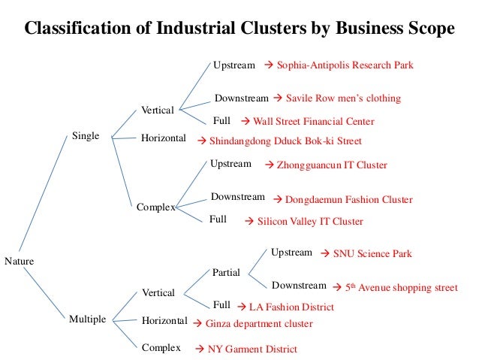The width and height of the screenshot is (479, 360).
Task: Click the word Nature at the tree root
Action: (19, 261)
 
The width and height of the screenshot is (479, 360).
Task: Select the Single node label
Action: (86, 136)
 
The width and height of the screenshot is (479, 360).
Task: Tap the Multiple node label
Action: (89, 319)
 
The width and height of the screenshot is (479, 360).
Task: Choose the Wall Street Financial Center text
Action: (313, 121)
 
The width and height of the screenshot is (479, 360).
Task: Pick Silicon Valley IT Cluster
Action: (310, 222)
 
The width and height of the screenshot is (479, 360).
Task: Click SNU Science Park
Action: (372, 254)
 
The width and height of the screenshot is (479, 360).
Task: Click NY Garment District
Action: (252, 349)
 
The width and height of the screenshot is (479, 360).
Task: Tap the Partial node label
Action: (226, 273)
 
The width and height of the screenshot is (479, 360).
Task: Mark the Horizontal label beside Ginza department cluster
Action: (164, 322)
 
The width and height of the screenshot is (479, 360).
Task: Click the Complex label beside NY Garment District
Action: (161, 348)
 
